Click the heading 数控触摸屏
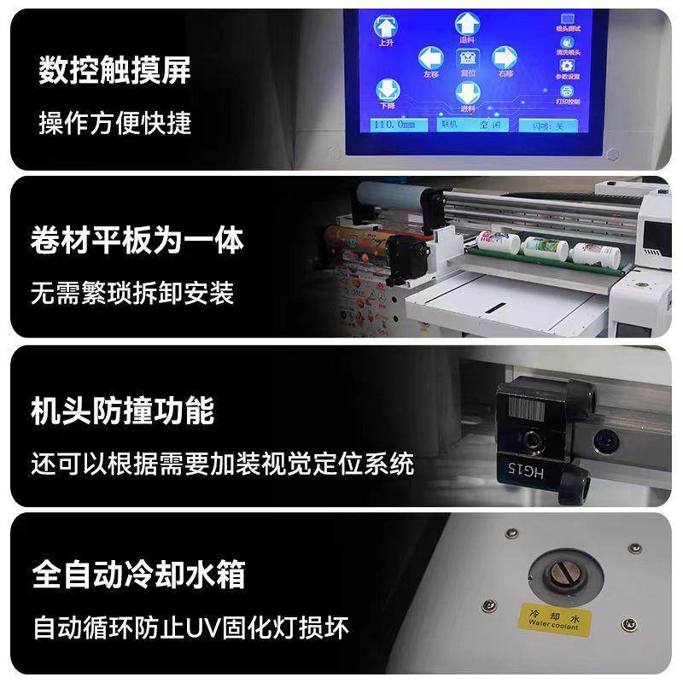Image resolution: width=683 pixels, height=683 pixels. tap(114, 71)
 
